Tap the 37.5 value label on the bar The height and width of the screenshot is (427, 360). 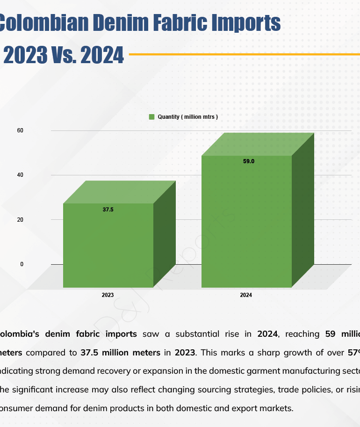point(108,210)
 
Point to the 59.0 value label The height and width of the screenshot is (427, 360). point(249,161)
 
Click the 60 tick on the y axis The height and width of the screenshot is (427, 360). point(20,130)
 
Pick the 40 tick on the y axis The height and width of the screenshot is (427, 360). point(20,175)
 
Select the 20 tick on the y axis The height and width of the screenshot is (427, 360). point(20,220)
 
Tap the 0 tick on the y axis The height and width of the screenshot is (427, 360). point(22,264)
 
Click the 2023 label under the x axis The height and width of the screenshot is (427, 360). point(108,296)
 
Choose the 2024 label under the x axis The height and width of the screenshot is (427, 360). point(246,296)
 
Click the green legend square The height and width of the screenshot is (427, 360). point(151,117)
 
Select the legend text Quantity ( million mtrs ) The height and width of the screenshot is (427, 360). point(187,117)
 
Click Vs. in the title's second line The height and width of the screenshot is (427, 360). point(61,56)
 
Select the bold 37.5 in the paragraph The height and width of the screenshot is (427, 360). point(88,352)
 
